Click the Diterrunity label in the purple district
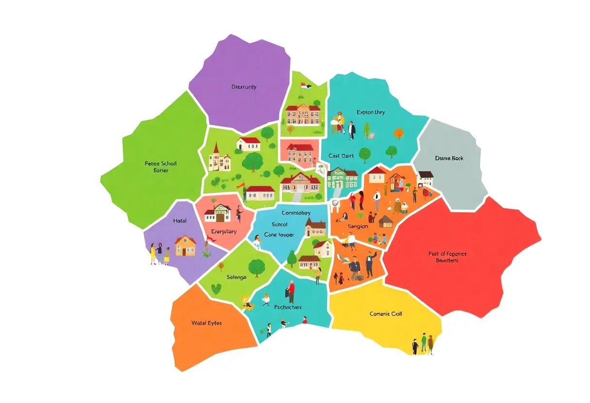(244, 87)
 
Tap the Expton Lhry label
(371, 112)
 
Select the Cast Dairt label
(341, 156)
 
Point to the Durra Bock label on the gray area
(449, 158)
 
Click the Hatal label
(180, 221)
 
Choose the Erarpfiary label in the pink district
(224, 232)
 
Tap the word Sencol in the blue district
(279, 224)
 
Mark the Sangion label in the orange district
(358, 226)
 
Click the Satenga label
(236, 277)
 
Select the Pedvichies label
(288, 307)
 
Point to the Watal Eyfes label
(207, 323)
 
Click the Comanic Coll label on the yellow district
(386, 314)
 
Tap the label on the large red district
(443, 257)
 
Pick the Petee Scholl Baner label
(161, 167)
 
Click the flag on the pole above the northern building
(305, 86)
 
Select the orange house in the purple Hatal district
(185, 246)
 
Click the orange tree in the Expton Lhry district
(398, 132)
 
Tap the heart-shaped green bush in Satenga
(216, 289)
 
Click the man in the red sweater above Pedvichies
(291, 291)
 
